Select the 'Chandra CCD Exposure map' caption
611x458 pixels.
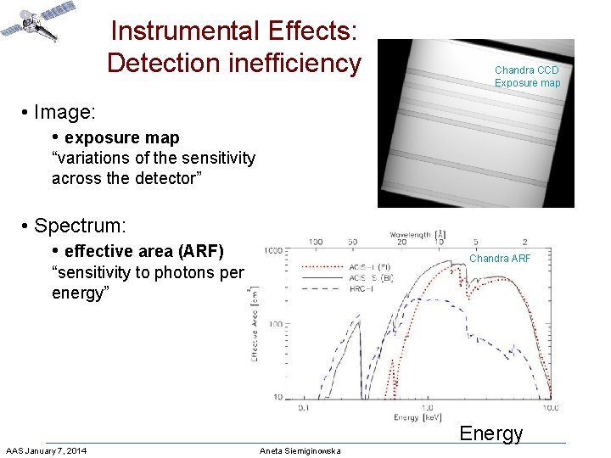click(x=527, y=76)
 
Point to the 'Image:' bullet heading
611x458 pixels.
click(x=64, y=112)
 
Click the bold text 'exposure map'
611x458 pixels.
click(x=121, y=137)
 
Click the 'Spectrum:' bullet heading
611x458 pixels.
click(x=80, y=226)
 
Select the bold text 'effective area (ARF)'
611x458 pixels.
click(x=143, y=251)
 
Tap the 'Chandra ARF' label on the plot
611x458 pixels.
click(x=500, y=259)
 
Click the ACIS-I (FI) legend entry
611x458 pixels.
click(x=369, y=266)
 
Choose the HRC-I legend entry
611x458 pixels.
click(x=364, y=288)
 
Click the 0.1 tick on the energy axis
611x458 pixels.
click(x=304, y=407)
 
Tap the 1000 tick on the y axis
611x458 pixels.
click(x=274, y=251)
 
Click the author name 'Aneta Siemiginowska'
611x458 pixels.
click(x=300, y=450)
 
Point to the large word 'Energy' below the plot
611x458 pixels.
click(x=490, y=433)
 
